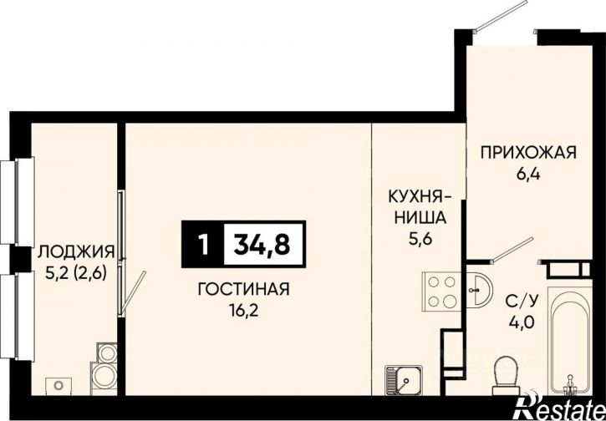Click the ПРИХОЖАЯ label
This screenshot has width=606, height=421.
click(x=528, y=152)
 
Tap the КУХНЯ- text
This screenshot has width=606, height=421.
click(x=419, y=197)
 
